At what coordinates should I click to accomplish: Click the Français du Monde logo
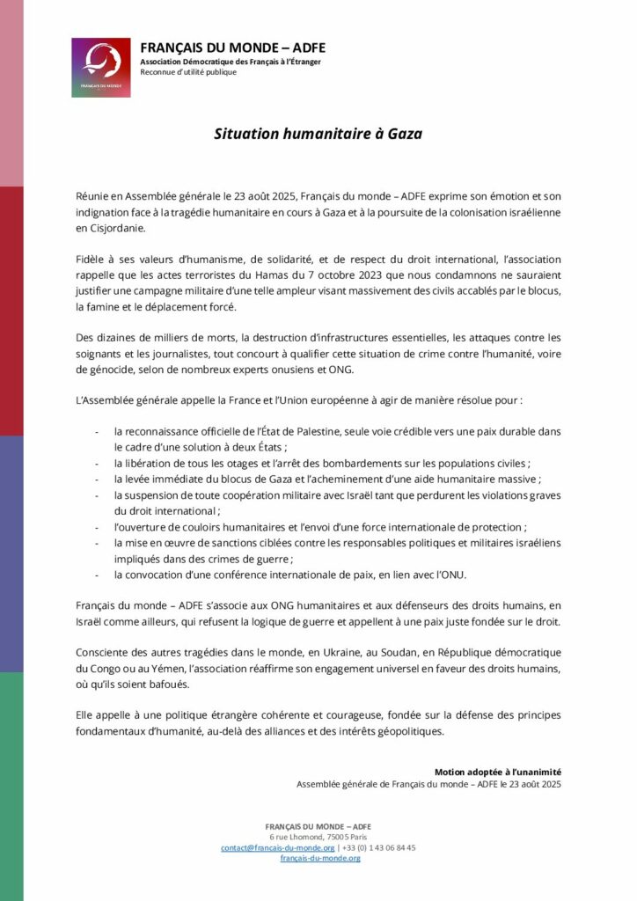(x=101, y=67)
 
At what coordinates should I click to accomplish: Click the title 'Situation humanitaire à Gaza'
(x=318, y=135)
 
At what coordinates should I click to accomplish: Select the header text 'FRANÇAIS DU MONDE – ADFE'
(x=232, y=48)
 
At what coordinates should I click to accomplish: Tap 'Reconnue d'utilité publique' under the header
(x=188, y=72)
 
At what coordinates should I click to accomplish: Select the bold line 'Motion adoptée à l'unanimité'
(x=498, y=772)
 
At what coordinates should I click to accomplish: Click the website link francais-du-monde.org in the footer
(x=319, y=858)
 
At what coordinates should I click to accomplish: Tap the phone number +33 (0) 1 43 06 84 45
(x=381, y=847)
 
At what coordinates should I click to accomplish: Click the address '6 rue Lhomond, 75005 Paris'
(x=318, y=837)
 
